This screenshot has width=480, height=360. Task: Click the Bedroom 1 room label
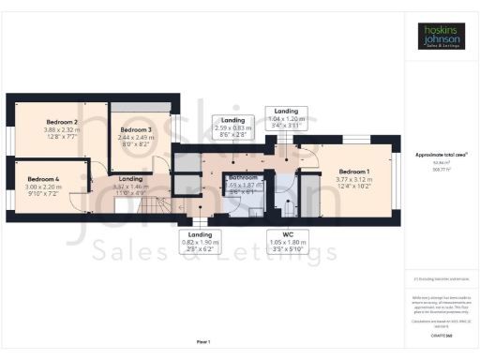352,172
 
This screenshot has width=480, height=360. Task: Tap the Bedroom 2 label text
62,121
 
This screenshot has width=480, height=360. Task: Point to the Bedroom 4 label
43,178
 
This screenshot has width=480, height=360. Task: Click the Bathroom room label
244,177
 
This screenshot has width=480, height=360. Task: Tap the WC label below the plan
288,234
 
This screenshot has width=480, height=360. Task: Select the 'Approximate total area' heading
441,154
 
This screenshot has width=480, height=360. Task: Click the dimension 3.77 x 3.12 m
352,180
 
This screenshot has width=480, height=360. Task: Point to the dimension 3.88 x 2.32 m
62,129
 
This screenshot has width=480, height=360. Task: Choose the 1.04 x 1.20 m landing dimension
287,119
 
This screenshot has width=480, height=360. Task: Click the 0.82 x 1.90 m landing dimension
201,243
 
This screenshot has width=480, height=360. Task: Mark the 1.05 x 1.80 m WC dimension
288,243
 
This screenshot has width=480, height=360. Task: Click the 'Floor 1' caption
203,341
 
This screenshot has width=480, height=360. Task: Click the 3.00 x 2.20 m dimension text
43,187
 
